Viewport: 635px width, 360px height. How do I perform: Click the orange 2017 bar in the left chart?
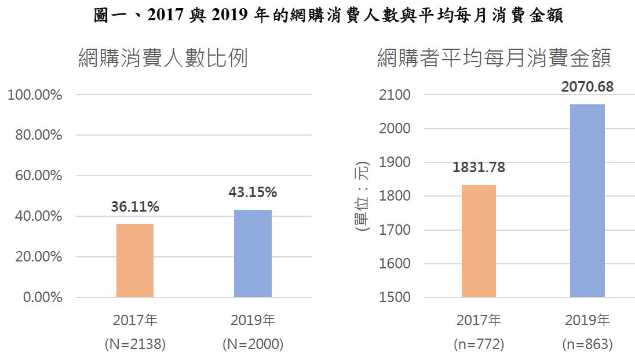[x=135, y=260]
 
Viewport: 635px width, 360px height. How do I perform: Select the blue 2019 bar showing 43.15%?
[x=253, y=253]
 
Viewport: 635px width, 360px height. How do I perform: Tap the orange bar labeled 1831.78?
[x=479, y=241]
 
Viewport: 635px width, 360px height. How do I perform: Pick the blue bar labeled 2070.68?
[x=587, y=201]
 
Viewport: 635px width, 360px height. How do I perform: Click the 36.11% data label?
[x=135, y=207]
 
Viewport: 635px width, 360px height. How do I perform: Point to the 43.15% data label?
[x=253, y=192]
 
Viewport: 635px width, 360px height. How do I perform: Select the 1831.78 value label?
[x=479, y=168]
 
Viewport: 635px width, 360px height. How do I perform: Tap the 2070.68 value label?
[x=587, y=88]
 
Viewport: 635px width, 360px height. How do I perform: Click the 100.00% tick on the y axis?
[x=35, y=94]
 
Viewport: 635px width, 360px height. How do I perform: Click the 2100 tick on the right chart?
[x=395, y=94]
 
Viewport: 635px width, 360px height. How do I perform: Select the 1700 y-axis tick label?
[x=395, y=230]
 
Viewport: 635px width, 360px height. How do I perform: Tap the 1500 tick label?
[x=395, y=297]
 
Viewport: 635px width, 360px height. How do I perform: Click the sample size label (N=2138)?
[x=135, y=344]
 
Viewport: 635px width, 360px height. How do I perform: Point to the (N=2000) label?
[x=253, y=344]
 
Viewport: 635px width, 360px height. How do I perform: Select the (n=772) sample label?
[x=479, y=344]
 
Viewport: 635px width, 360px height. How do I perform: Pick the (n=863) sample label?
[x=587, y=344]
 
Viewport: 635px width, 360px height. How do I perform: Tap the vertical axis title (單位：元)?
[x=362, y=196]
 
